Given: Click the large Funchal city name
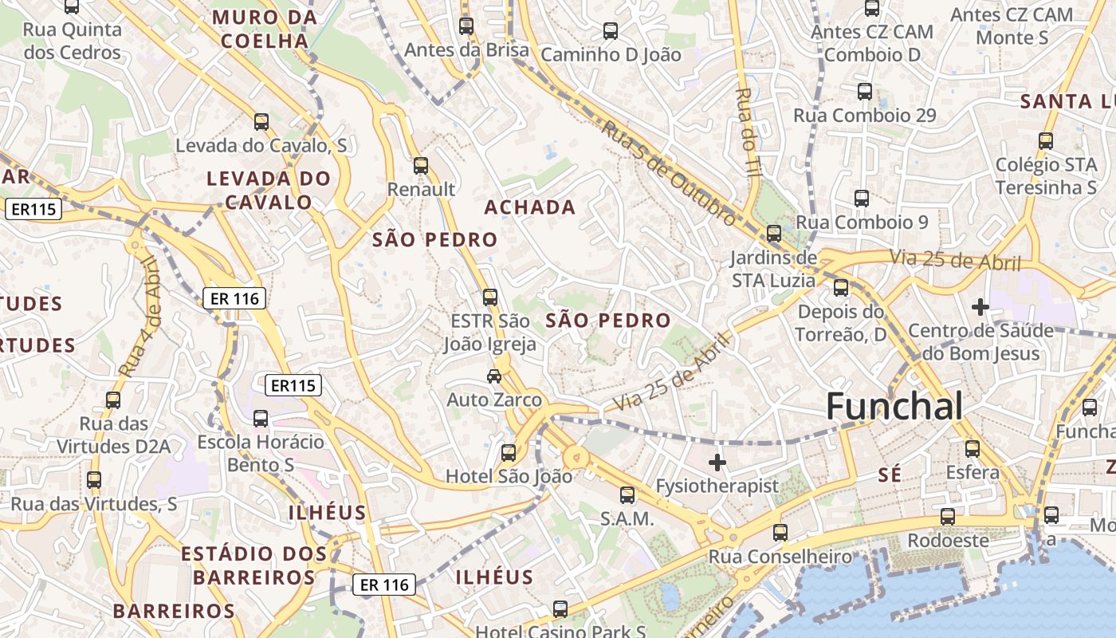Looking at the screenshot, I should (x=894, y=407).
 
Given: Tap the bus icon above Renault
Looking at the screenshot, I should (x=421, y=166).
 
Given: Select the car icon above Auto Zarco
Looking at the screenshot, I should (x=494, y=376).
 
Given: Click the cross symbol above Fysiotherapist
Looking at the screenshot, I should (x=717, y=462).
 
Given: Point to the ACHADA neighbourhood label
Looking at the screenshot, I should (x=530, y=207).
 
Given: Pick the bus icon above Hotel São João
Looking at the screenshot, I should (x=508, y=453).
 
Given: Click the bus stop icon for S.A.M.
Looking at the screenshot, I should (x=627, y=495).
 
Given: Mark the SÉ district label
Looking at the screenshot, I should (x=890, y=475).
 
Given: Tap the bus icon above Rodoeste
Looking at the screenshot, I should (x=947, y=517).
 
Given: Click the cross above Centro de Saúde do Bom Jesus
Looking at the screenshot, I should (x=980, y=307).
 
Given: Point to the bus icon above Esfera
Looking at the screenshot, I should (x=973, y=449).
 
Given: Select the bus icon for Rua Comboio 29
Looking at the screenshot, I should (x=865, y=92).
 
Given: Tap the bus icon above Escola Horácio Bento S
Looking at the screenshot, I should (x=261, y=419).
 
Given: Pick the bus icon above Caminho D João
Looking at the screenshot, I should (x=611, y=31).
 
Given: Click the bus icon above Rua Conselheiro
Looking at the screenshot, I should (x=780, y=533).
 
